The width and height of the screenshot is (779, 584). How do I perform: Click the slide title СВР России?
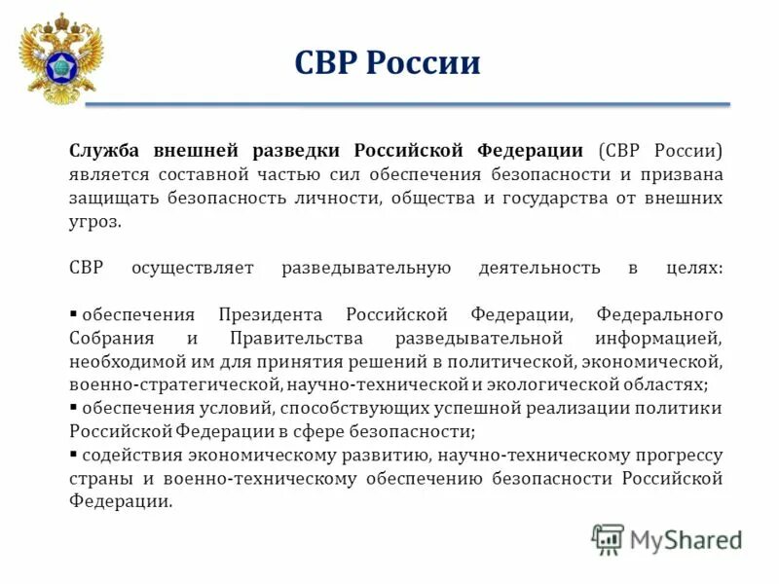point(387,64)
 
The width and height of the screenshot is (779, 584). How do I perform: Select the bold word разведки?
point(300,151)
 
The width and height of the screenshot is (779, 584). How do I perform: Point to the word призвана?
point(687,175)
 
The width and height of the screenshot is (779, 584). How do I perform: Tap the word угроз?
point(95,222)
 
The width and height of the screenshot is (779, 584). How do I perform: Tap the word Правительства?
point(297,339)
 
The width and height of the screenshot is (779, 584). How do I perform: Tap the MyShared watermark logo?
point(667,538)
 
